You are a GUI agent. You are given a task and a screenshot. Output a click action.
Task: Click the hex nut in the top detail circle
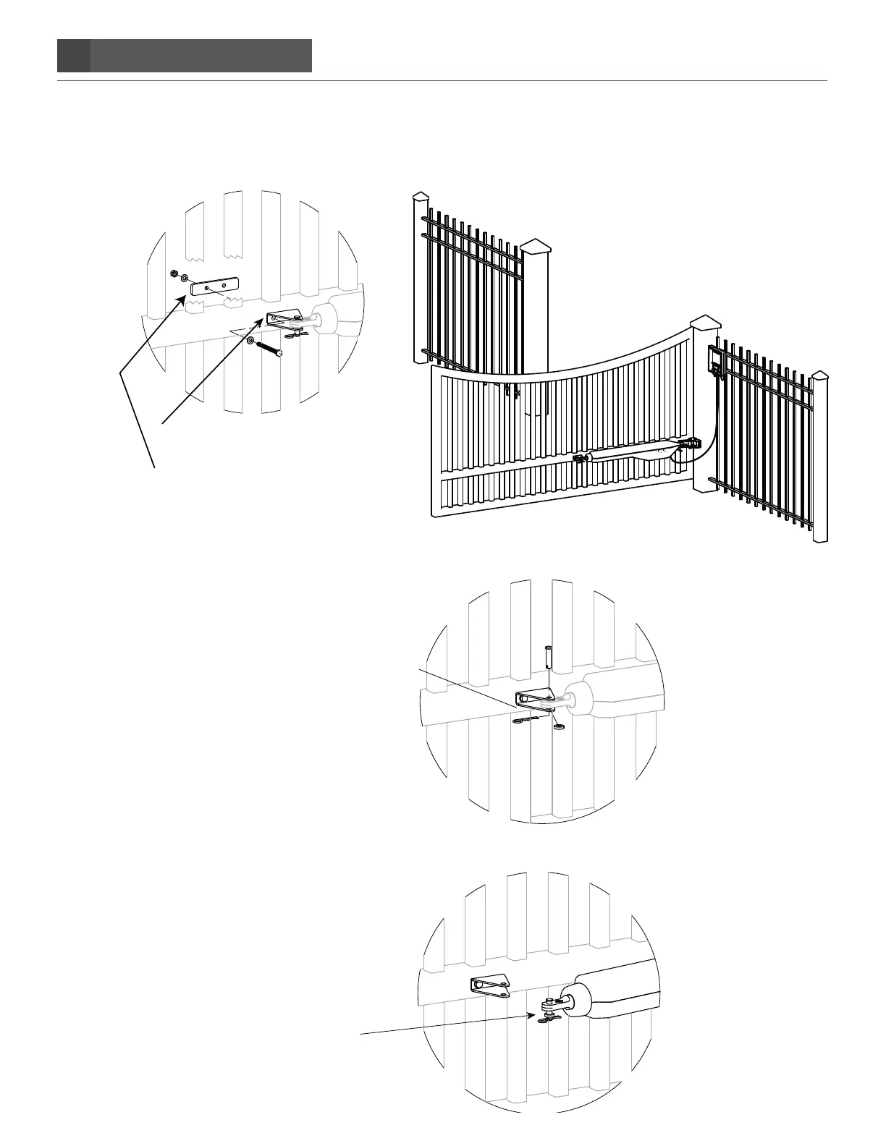point(174,273)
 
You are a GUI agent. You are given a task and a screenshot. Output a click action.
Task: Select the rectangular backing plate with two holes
point(214,288)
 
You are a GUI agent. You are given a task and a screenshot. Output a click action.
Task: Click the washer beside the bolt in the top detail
point(250,340)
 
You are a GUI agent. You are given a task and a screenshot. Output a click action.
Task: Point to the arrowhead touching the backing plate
point(182,298)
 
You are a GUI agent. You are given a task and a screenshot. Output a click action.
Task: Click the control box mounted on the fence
point(715,361)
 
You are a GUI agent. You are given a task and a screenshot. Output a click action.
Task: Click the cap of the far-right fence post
point(819,376)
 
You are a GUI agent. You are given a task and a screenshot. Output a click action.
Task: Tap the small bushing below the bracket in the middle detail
point(558,725)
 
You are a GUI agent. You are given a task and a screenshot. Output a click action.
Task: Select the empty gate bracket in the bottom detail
point(491,985)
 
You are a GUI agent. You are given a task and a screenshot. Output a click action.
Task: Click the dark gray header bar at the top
point(185,56)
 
